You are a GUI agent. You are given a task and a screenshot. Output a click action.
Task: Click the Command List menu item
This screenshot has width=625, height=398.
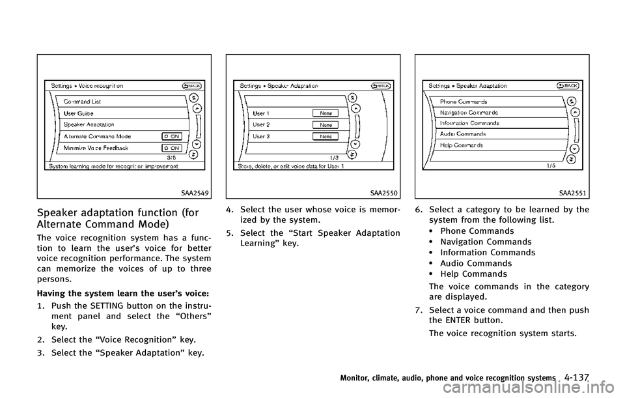[82, 102]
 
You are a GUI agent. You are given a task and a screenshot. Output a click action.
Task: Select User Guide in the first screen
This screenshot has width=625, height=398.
[78, 113]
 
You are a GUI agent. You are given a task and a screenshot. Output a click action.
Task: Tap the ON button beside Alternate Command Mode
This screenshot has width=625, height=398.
[171, 136]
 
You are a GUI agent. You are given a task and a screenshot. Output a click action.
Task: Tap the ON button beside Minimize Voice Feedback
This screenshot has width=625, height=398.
[171, 148]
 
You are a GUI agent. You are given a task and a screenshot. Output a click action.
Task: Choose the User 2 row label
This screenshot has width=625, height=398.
[261, 124]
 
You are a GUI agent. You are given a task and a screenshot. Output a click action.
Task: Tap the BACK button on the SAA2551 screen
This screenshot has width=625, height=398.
[568, 85]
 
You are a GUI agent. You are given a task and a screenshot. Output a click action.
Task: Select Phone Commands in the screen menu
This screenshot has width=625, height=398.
[464, 102]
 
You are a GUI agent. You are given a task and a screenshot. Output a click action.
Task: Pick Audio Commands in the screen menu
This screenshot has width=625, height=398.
[462, 134]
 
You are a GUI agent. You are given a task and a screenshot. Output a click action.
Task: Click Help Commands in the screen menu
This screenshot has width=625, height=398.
[461, 145]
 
